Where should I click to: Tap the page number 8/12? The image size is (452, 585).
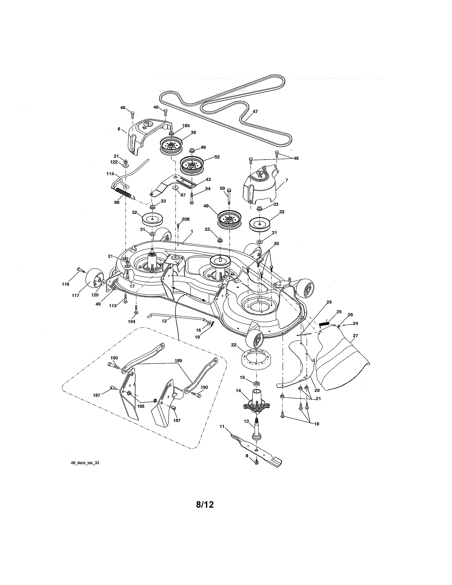pyautogui.click(x=205, y=505)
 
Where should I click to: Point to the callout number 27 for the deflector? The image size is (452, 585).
pyautogui.click(x=355, y=335)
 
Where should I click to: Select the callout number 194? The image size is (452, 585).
pyautogui.click(x=132, y=321)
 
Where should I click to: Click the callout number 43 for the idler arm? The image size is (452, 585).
pyautogui.click(x=208, y=179)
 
